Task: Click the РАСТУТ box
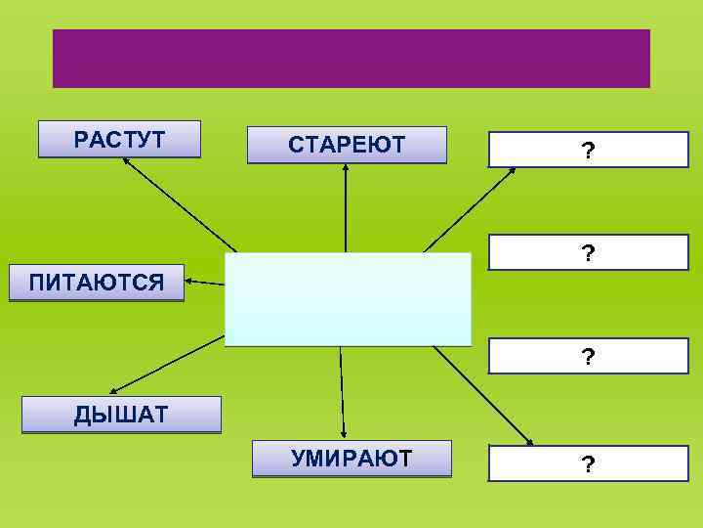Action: pyautogui.click(x=119, y=139)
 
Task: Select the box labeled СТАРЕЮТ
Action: pyautogui.click(x=347, y=145)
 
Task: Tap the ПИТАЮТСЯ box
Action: pyautogui.click(x=97, y=284)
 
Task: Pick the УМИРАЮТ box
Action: pyautogui.click(x=351, y=459)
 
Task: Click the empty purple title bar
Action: pyautogui.click(x=351, y=59)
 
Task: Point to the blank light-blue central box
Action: pyautogui.click(x=348, y=299)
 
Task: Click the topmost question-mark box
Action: pyautogui.click(x=588, y=151)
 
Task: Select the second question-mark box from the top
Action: pyautogui.click(x=588, y=253)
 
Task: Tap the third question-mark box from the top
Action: pyautogui.click(x=588, y=357)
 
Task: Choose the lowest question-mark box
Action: pyautogui.click(x=588, y=463)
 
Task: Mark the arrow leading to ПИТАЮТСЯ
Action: pyautogui.click(x=205, y=283)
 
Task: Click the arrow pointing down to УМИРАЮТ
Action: pyautogui.click(x=342, y=391)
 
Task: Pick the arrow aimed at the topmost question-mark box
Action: pyautogui.click(x=469, y=209)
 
